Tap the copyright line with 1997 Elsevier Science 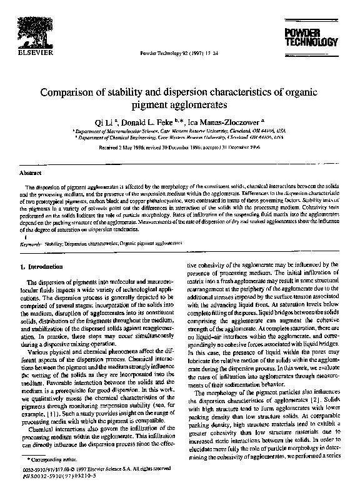[94, 469]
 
